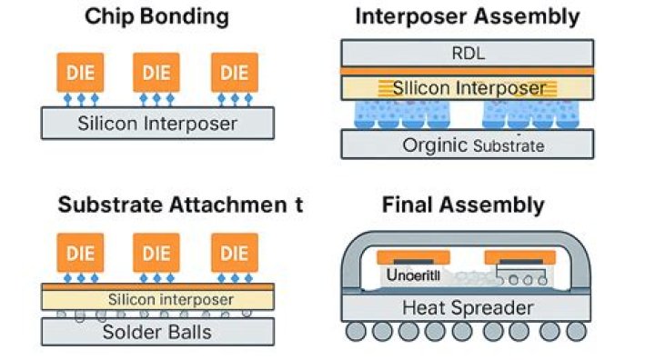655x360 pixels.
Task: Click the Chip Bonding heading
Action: tap(156, 16)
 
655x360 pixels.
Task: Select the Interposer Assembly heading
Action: tap(467, 16)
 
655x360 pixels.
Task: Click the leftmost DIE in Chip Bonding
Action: tap(79, 71)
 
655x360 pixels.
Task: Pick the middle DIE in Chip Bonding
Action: tap(156, 71)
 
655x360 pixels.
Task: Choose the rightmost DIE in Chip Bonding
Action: tap(234, 71)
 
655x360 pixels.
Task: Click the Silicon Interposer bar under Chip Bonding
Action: tap(157, 123)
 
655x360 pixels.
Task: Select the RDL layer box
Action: tap(468, 53)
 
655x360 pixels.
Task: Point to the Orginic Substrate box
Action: tap(468, 145)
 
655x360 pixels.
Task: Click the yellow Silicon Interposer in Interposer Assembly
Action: tap(468, 88)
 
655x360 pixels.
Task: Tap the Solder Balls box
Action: tap(157, 331)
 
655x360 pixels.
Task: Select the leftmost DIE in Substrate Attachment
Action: tap(79, 253)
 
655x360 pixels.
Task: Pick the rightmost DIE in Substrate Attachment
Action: tap(234, 253)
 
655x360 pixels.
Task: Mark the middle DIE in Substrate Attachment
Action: tap(156, 253)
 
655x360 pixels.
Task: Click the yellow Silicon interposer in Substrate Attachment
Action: tap(157, 299)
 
